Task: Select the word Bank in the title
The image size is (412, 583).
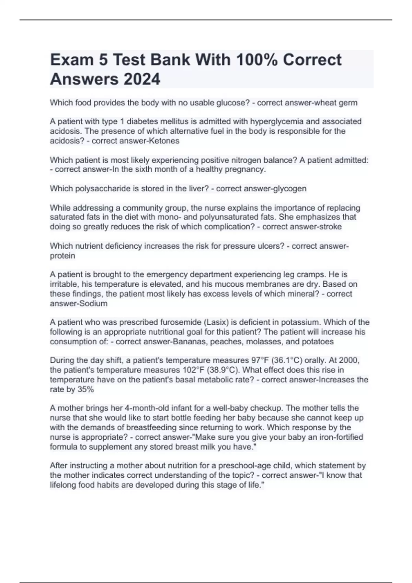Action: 170,60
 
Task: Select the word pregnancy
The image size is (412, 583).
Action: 247,169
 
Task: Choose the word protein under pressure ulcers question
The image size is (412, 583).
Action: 62,256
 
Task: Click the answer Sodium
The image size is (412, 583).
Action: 93,304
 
